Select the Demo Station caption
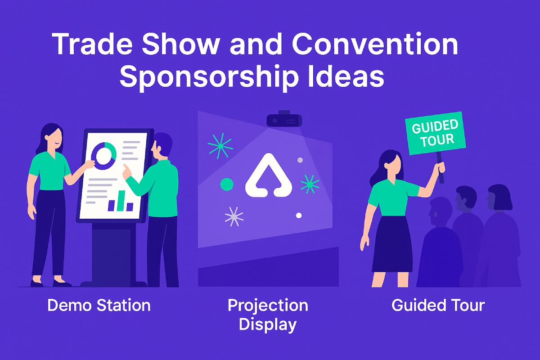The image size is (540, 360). (99, 306)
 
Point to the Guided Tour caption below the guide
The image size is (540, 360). (438, 306)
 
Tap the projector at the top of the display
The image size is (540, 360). (283, 119)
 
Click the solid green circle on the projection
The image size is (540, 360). (226, 183)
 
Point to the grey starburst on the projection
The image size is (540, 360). (233, 216)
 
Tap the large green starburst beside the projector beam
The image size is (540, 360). (220, 145)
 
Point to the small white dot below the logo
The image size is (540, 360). (298, 215)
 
